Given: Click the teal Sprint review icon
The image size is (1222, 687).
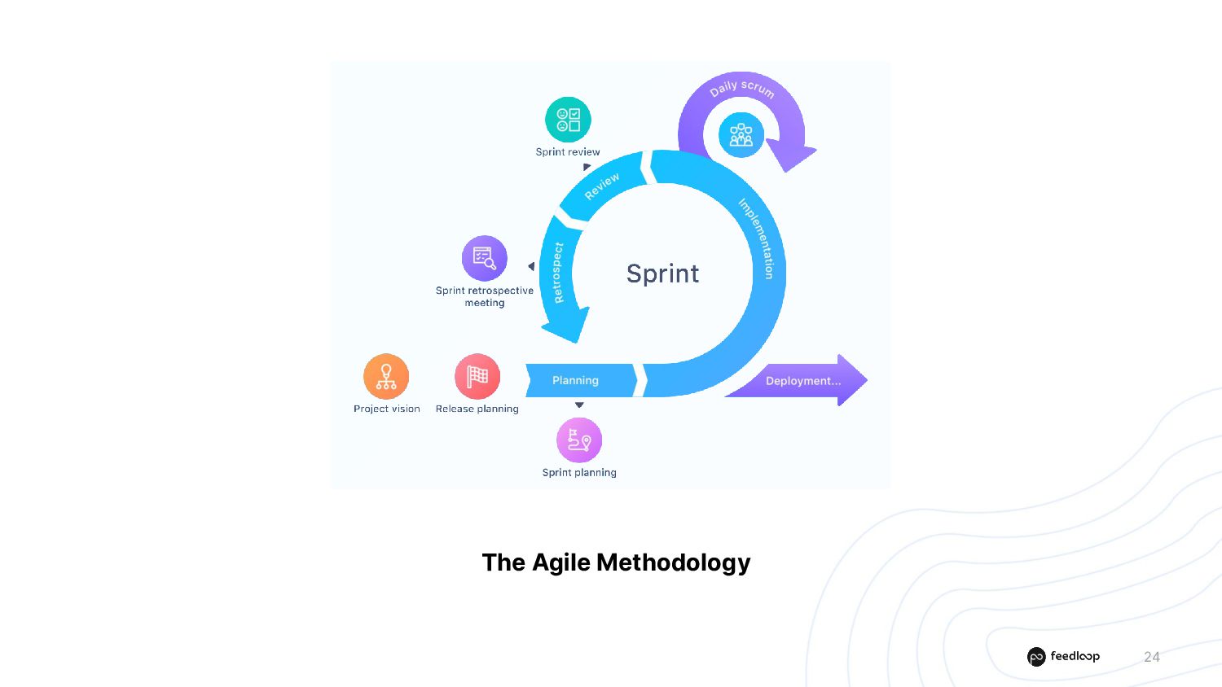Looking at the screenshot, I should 568,120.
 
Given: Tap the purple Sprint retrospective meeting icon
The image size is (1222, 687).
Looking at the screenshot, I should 485,258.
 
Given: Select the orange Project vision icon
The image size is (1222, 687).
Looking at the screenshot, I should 386,376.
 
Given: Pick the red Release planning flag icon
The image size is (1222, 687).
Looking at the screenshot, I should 477,376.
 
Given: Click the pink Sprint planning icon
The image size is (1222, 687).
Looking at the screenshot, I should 579,440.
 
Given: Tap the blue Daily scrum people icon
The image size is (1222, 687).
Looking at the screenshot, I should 741,134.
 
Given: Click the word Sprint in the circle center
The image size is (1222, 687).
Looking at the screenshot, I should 662,273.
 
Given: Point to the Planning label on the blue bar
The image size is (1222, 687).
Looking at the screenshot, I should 575,380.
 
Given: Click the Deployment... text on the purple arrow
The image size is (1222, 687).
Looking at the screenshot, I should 802,381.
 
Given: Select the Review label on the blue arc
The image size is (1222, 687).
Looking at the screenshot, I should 602,186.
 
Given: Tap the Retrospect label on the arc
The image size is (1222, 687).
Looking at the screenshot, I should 558,273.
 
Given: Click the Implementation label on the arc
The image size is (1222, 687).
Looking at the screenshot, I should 757,238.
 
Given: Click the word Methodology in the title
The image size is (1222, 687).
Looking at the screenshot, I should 673,562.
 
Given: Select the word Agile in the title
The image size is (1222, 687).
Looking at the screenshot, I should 561,562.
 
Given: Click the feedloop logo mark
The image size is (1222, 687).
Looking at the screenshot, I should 1036,657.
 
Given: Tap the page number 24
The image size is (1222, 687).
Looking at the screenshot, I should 1151,657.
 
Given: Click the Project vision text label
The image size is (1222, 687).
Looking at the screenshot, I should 387,409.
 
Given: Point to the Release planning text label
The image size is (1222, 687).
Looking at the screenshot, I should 477,409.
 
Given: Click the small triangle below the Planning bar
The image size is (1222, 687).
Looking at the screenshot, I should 579,405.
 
